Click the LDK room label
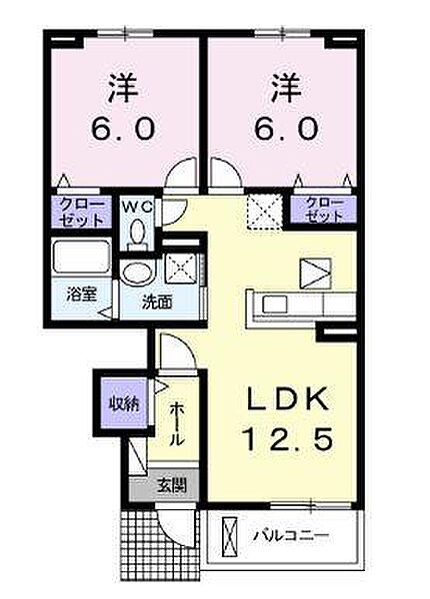pos(288,398)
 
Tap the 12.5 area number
pos(287,438)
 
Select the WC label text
pos(137,209)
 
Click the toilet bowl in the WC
pos(137,233)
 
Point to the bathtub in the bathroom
pos(81,255)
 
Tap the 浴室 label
pos(81,295)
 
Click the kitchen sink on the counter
pos(275,304)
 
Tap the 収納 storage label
pos(124,404)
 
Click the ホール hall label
pos(176,424)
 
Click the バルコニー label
pos(292,535)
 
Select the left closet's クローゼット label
pos(81,211)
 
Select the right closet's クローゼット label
pos(324,210)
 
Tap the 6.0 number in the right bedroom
pos(286,128)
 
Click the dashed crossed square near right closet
pos(265,212)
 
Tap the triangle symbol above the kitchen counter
pos(315,274)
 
